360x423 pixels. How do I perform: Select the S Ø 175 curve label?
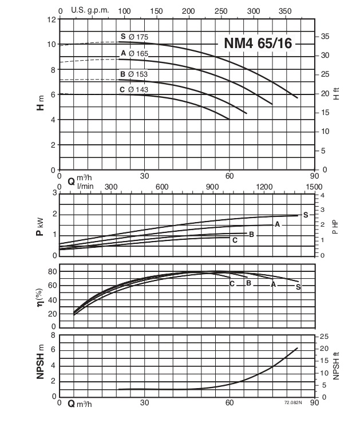134,37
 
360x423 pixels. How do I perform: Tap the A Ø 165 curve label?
134,53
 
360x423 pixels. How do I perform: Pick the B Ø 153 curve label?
134,74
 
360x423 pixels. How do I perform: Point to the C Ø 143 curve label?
134,89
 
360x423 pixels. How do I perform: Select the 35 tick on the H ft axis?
325,36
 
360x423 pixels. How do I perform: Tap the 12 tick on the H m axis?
51,19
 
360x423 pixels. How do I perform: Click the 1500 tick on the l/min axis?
314,187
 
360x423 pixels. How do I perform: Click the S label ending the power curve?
306,215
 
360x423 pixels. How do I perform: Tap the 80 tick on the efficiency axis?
50,271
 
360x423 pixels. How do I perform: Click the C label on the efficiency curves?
232,283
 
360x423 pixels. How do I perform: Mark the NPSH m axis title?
41,365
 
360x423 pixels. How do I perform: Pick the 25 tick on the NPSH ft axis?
324,335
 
